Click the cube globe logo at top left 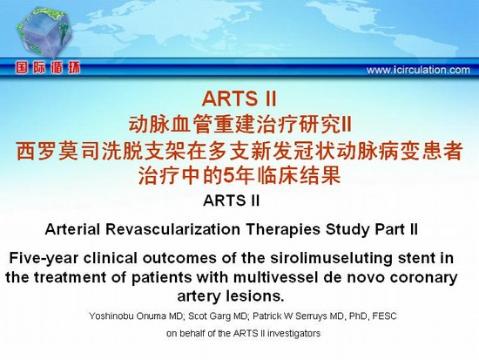[x=44, y=33]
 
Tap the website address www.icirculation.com [x=418, y=70]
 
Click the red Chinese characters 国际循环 [x=48, y=68]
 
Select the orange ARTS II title [x=239, y=98]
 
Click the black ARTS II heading [x=232, y=200]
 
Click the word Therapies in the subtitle [x=283, y=229]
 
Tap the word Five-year [x=44, y=259]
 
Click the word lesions [x=255, y=295]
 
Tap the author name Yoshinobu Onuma [x=128, y=316]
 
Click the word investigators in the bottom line [x=293, y=333]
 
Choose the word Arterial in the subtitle [x=72, y=229]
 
